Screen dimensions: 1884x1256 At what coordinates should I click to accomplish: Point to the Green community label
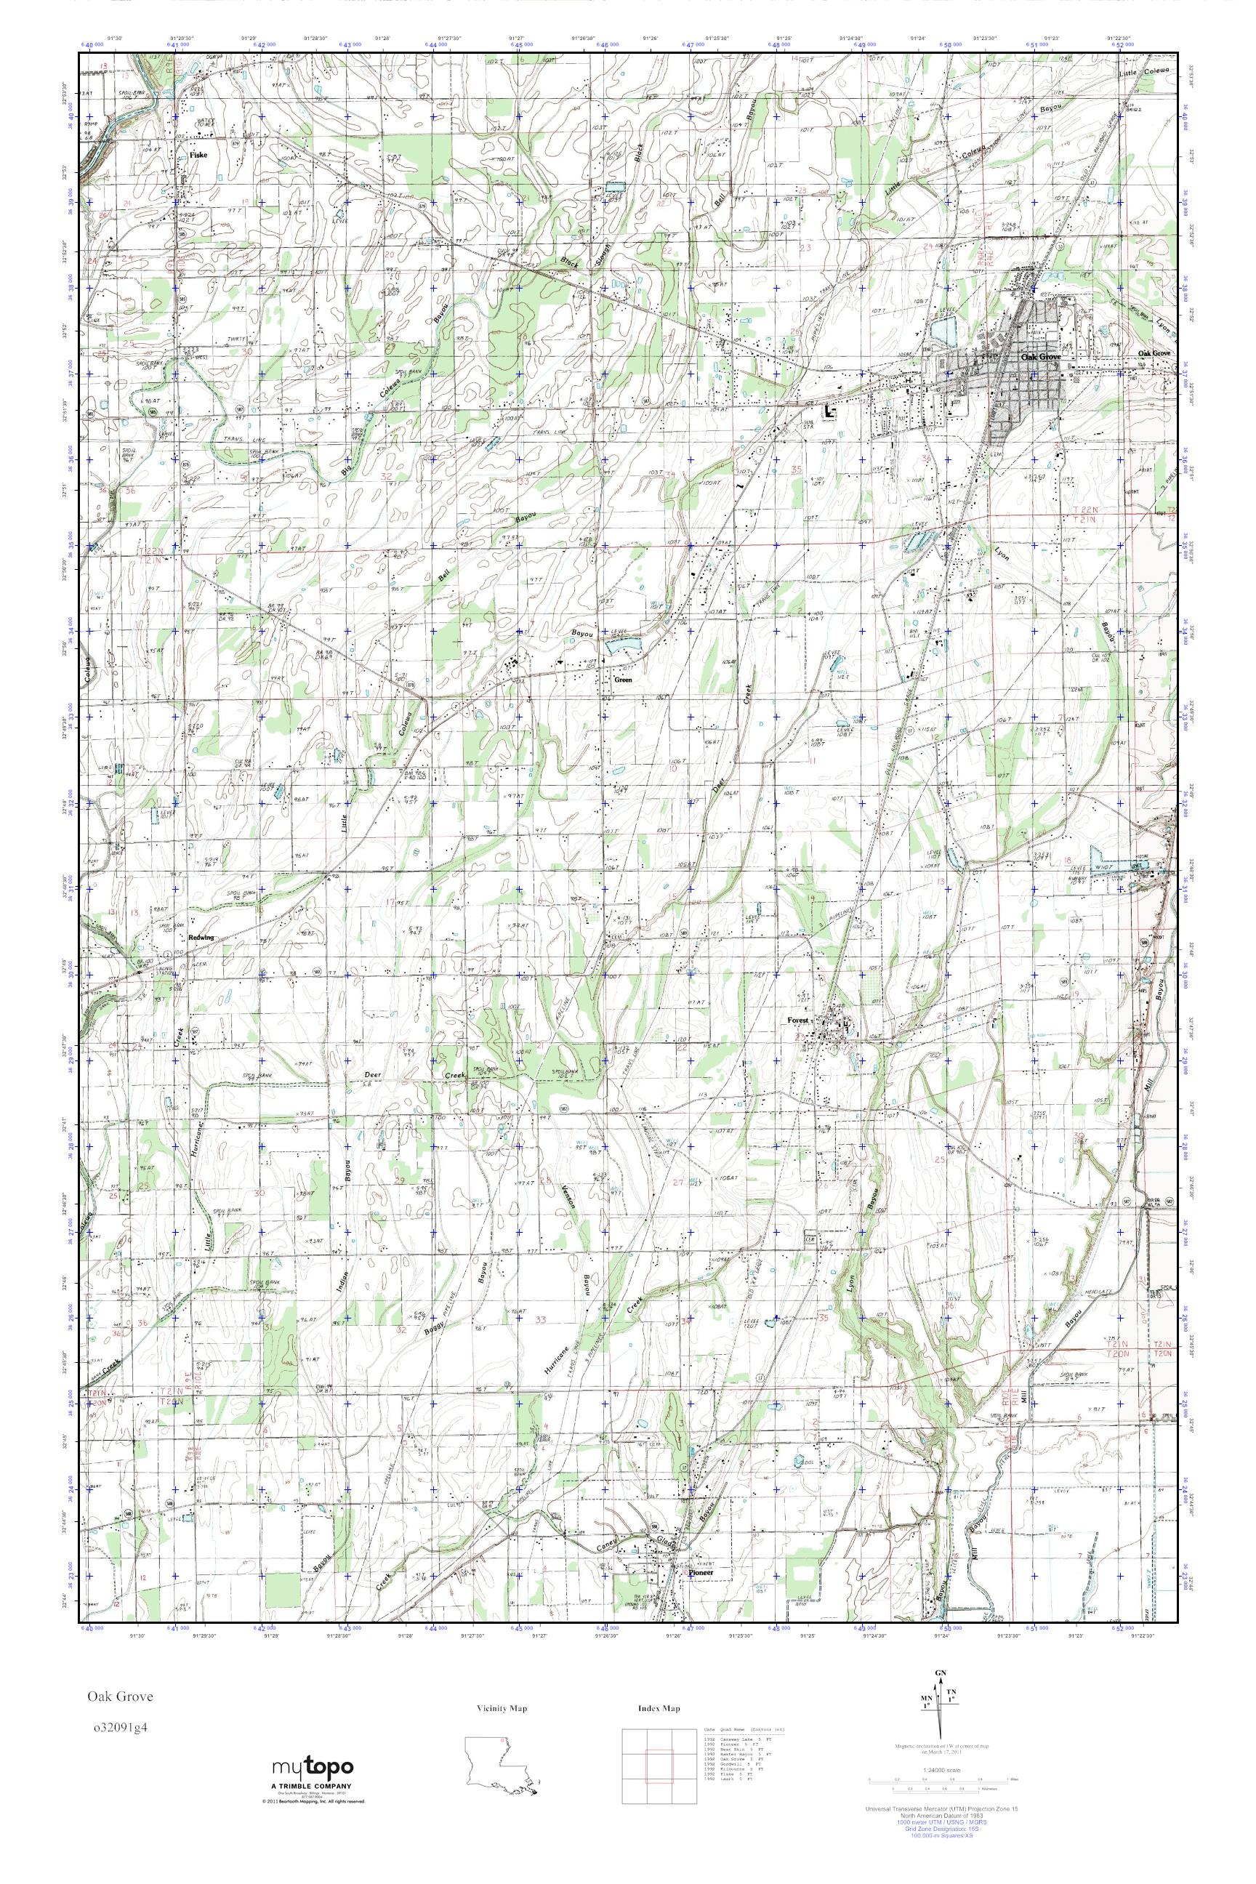[x=622, y=680]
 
